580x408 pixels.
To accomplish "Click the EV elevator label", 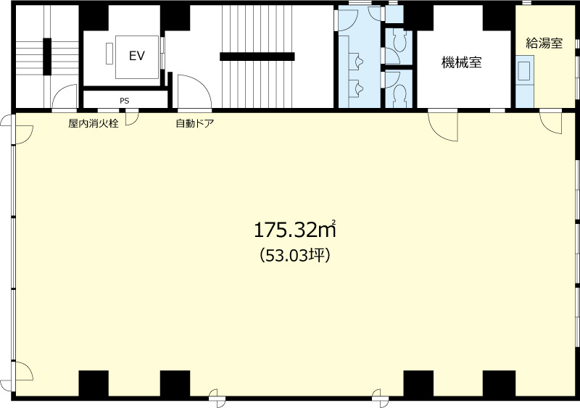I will (136, 56).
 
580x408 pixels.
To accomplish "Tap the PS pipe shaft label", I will (125, 99).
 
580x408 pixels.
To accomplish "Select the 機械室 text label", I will (462, 62).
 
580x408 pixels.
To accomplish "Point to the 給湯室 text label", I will (544, 43).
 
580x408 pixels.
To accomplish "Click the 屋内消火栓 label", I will (94, 123).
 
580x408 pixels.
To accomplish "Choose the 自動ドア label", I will (194, 123).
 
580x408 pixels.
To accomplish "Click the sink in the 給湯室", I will (524, 71).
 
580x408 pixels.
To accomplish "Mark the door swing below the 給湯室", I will (551, 123).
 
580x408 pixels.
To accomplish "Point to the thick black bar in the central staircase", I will (257, 56).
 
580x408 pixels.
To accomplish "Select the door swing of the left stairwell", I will (65, 97).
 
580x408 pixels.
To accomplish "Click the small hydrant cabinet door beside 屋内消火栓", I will (131, 119).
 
